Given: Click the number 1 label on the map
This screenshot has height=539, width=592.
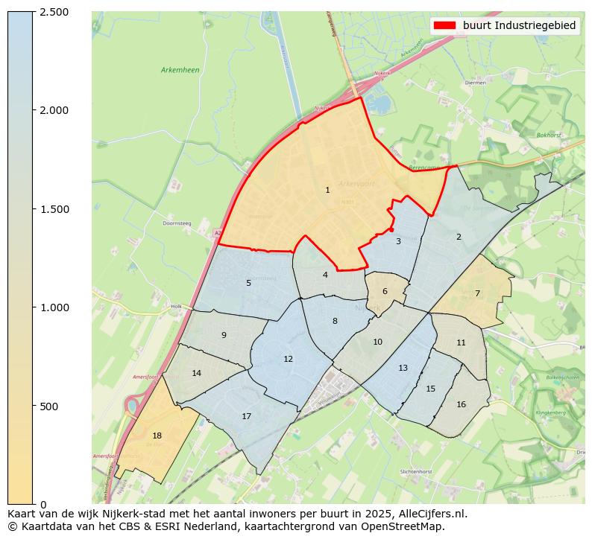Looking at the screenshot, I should pyautogui.click(x=327, y=191).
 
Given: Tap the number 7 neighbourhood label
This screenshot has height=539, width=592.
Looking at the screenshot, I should pyautogui.click(x=477, y=294).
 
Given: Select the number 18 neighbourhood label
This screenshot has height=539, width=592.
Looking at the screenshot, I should pyautogui.click(x=157, y=436).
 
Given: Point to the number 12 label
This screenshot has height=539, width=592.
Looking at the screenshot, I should pyautogui.click(x=288, y=360).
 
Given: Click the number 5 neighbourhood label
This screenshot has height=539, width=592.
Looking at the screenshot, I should pyautogui.click(x=248, y=284).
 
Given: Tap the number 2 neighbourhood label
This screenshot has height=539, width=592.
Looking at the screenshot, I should pyautogui.click(x=459, y=237).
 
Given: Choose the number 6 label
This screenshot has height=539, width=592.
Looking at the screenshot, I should pyautogui.click(x=385, y=292).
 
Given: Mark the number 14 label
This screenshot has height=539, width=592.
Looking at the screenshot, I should pyautogui.click(x=196, y=374).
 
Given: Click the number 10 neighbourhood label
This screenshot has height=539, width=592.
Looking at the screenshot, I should pyautogui.click(x=377, y=342).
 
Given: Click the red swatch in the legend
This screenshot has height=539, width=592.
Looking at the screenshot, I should pyautogui.click(x=444, y=26).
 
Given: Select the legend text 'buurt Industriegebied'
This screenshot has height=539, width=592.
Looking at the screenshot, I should pyautogui.click(x=519, y=26).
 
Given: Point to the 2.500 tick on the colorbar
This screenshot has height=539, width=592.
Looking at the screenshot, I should pyautogui.click(x=54, y=12).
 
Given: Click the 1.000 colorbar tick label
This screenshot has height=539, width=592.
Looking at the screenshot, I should pyautogui.click(x=54, y=307).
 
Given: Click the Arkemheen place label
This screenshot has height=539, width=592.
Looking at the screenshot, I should pyautogui.click(x=180, y=70).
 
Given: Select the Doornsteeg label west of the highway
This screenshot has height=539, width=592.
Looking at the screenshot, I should pyautogui.click(x=177, y=223).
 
